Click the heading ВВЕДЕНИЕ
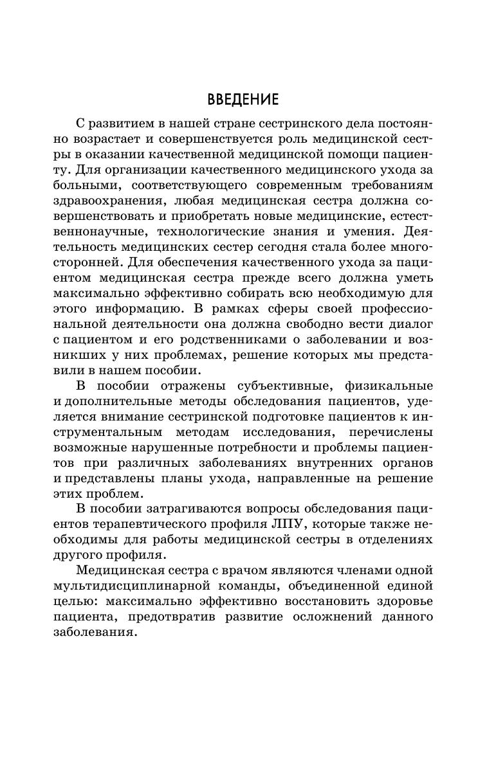[x=243, y=100]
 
